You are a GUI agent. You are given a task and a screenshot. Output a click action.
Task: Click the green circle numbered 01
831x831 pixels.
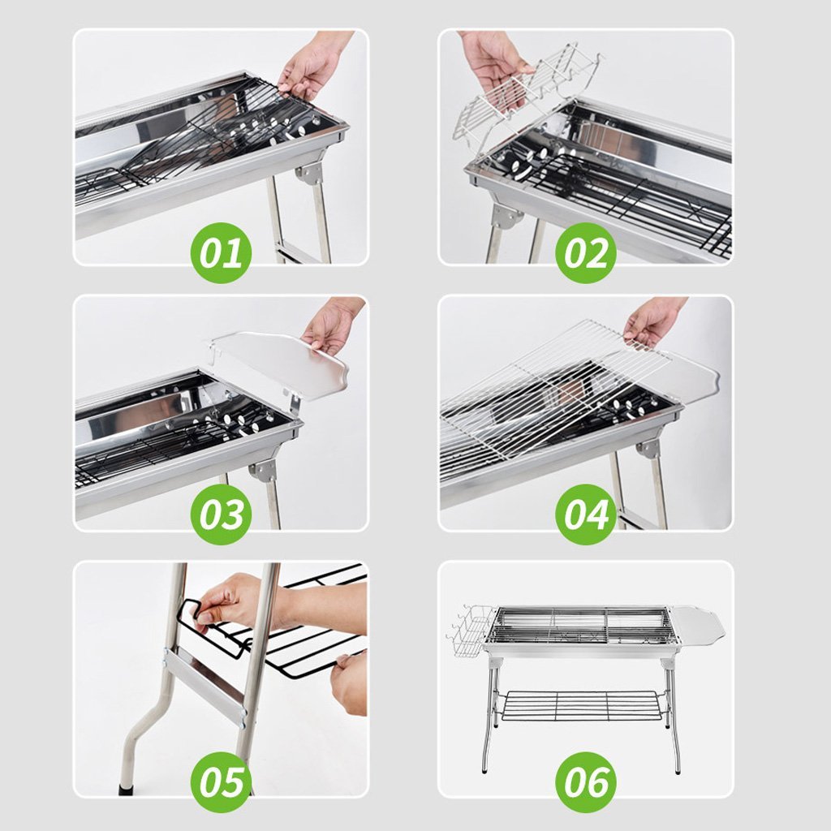coord(222,252)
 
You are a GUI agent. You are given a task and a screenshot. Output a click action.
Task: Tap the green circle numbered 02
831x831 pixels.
coord(585,252)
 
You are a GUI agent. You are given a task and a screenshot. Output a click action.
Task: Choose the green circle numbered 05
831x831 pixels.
coord(222,781)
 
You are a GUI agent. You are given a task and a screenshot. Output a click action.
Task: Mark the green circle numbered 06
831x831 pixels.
coord(585,781)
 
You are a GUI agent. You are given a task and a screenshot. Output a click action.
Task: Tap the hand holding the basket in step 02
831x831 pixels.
coord(495,65)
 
